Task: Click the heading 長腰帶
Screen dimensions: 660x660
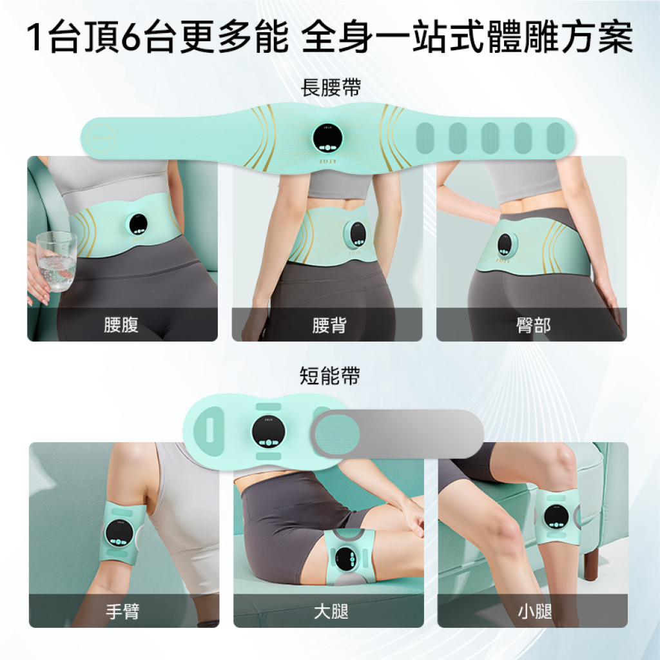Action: [x=331, y=88]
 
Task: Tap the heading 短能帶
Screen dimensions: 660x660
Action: [x=329, y=376]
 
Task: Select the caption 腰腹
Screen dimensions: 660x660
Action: [x=121, y=325]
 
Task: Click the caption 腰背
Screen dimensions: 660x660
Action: [x=329, y=325]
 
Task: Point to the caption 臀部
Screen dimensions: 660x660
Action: [x=533, y=325]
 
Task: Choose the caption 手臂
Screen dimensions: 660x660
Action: [x=122, y=611]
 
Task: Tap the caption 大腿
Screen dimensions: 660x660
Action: [x=331, y=611]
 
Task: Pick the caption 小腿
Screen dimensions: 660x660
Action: [x=535, y=611]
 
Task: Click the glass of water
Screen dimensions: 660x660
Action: [x=57, y=262]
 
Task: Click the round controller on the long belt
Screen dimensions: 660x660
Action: [x=327, y=138]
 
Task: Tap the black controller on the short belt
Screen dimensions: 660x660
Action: [x=268, y=432]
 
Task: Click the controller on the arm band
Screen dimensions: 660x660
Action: [x=119, y=533]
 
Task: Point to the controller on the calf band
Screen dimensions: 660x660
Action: [x=556, y=516]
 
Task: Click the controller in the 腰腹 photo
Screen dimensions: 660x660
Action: [x=138, y=224]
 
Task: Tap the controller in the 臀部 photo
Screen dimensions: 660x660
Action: [x=505, y=244]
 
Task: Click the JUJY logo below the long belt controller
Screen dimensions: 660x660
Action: [x=328, y=161]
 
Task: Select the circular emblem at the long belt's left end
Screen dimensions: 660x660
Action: [x=102, y=138]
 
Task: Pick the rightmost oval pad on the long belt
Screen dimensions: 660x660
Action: [x=555, y=138]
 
